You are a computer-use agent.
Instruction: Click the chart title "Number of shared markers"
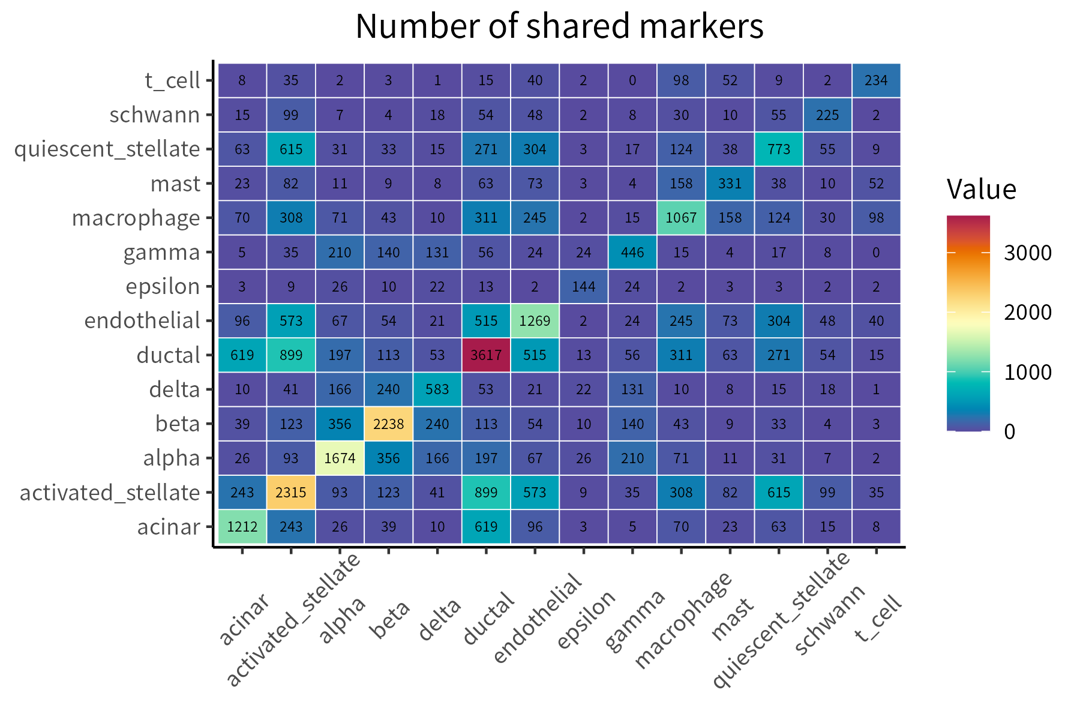click(559, 27)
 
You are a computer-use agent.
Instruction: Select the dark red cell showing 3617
click(486, 355)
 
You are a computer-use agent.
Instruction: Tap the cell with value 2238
click(388, 424)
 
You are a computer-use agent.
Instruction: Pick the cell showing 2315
click(291, 492)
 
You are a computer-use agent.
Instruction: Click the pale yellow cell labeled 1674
click(340, 458)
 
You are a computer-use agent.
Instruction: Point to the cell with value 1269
click(535, 320)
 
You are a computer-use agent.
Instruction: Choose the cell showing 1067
click(681, 217)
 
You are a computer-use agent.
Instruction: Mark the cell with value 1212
click(242, 527)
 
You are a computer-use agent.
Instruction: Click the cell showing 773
click(779, 149)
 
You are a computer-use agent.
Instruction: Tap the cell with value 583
click(437, 389)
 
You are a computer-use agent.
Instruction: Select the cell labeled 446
click(632, 252)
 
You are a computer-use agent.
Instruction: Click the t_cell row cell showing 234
click(876, 80)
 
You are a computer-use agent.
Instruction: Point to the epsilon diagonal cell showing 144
click(583, 286)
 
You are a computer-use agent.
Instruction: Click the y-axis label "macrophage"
click(136, 218)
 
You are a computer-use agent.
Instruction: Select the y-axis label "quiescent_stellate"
click(107, 149)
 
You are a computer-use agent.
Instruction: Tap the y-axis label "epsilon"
click(163, 287)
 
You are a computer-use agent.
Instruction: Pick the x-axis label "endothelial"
click(538, 618)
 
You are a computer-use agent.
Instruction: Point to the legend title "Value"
click(981, 190)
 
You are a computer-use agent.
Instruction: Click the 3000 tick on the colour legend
click(1028, 253)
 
